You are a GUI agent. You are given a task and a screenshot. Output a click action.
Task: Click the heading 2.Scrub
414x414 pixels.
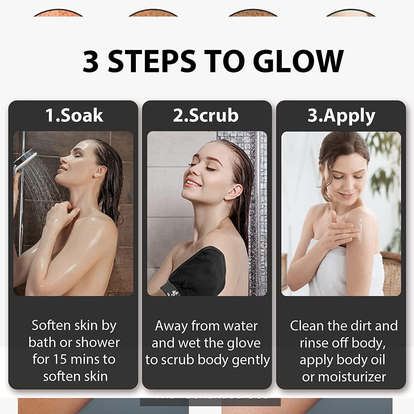click(x=206, y=115)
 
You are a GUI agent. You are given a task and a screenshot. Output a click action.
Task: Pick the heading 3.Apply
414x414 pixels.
click(x=341, y=116)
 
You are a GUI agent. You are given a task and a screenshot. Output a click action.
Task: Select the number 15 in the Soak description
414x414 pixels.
click(x=60, y=359)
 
